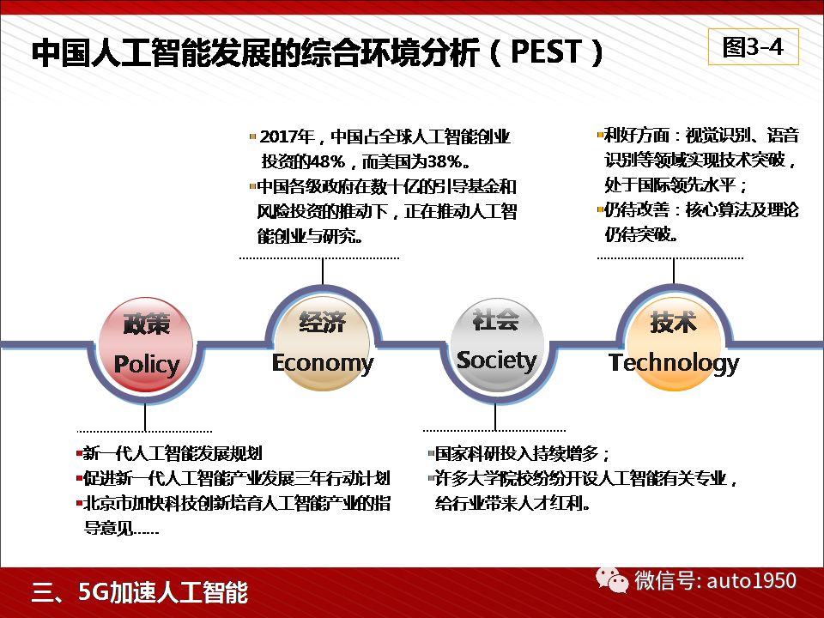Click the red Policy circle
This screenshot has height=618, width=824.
click(x=146, y=345)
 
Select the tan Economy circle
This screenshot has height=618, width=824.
click(x=322, y=343)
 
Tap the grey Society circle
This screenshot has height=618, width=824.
click(x=497, y=345)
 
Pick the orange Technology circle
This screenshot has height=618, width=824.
click(x=673, y=343)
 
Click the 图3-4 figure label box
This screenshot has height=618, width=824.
click(x=753, y=46)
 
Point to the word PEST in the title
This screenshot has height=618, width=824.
click(x=546, y=51)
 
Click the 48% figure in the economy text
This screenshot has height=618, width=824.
click(x=326, y=161)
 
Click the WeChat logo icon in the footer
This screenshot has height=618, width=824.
click(x=612, y=580)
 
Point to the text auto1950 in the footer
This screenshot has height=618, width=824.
click(x=752, y=581)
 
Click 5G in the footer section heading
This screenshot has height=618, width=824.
click(x=93, y=591)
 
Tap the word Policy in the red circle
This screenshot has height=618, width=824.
click(x=147, y=365)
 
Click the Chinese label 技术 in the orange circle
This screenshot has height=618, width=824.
click(x=674, y=322)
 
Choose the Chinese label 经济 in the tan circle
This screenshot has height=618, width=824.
click(x=322, y=322)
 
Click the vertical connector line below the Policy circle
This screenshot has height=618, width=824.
click(x=144, y=418)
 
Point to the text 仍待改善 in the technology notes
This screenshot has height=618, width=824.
click(x=636, y=209)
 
